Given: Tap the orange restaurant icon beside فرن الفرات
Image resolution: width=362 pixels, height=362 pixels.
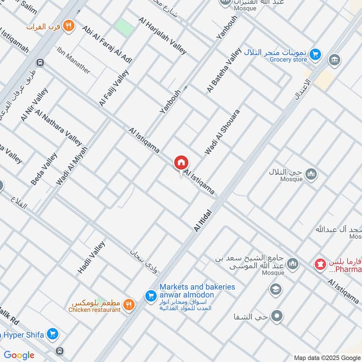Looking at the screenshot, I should (69, 26).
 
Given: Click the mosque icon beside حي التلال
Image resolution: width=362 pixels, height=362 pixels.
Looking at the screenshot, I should (311, 174).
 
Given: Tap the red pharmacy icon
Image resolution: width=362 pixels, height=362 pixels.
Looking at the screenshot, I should (321, 264).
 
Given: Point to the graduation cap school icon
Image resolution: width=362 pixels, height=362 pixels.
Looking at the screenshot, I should (274, 289).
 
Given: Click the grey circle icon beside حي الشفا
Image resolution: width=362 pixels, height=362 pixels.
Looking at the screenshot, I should (277, 316).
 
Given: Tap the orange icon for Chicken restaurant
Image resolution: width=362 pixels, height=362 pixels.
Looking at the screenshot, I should (129, 305).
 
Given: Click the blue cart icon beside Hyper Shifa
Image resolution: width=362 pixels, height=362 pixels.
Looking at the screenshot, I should (53, 334).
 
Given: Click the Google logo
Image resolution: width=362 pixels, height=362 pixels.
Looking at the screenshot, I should (19, 355).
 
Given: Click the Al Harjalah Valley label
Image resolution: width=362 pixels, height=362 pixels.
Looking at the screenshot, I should (163, 36).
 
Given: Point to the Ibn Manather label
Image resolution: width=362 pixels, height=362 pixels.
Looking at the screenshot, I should (74, 61).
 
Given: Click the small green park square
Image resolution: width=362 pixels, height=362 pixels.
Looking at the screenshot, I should (124, 28).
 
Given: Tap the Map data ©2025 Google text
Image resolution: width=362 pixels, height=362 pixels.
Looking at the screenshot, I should (327, 357).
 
